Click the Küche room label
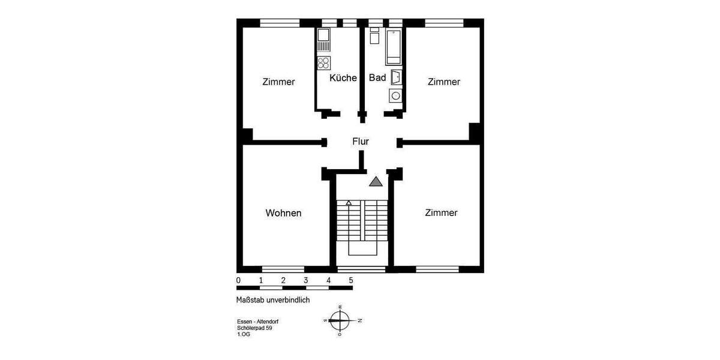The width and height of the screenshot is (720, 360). tap(343, 78)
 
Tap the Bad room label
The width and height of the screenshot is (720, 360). tap(377, 78)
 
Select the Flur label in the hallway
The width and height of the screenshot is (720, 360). tap(361, 142)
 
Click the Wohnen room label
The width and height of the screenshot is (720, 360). tap(283, 213)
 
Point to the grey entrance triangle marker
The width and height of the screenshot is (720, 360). tap(376, 182)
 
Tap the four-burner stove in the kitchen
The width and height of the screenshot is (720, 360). tap(323, 62)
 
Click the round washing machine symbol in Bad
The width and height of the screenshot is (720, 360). tap(395, 95)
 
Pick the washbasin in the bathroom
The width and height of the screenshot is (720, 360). tap(396, 77)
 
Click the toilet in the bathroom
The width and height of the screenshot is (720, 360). tap(374, 37)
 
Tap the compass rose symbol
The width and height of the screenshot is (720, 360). tap(340, 320)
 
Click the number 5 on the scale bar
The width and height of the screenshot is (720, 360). tap(351, 280)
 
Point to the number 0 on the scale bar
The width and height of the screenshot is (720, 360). tap(239, 280)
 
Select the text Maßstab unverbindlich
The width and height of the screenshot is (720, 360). tap(273, 299)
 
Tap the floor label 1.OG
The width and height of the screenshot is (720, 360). tap(244, 335)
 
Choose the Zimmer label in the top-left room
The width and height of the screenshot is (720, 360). tap(278, 82)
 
